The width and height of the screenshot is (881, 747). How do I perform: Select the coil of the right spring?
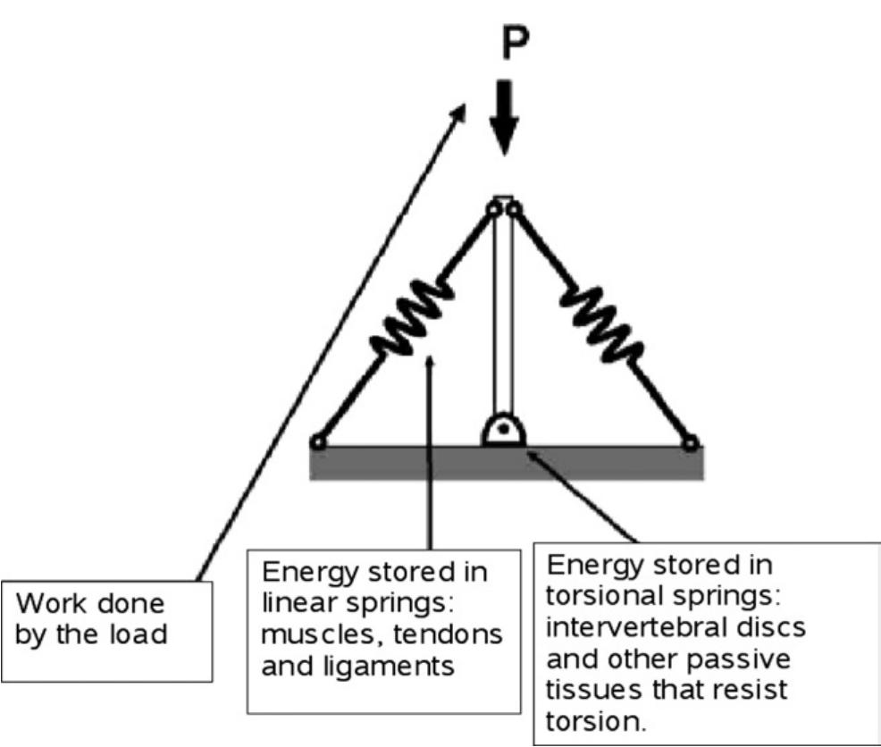pyautogui.click(x=600, y=318)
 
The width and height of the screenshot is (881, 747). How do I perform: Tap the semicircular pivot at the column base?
pyautogui.click(x=504, y=432)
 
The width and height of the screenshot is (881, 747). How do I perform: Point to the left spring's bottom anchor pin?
pyautogui.click(x=317, y=441)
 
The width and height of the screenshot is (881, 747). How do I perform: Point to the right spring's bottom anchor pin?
pyautogui.click(x=690, y=441)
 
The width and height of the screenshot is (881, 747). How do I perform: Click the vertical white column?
pyautogui.click(x=504, y=313)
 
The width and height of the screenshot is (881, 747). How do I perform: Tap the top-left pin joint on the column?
pyautogui.click(x=493, y=208)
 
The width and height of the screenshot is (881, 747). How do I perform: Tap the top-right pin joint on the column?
pyautogui.click(x=515, y=208)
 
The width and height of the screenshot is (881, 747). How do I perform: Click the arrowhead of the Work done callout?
pyautogui.click(x=462, y=109)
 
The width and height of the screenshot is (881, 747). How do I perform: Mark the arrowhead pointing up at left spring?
pyautogui.click(x=431, y=360)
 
